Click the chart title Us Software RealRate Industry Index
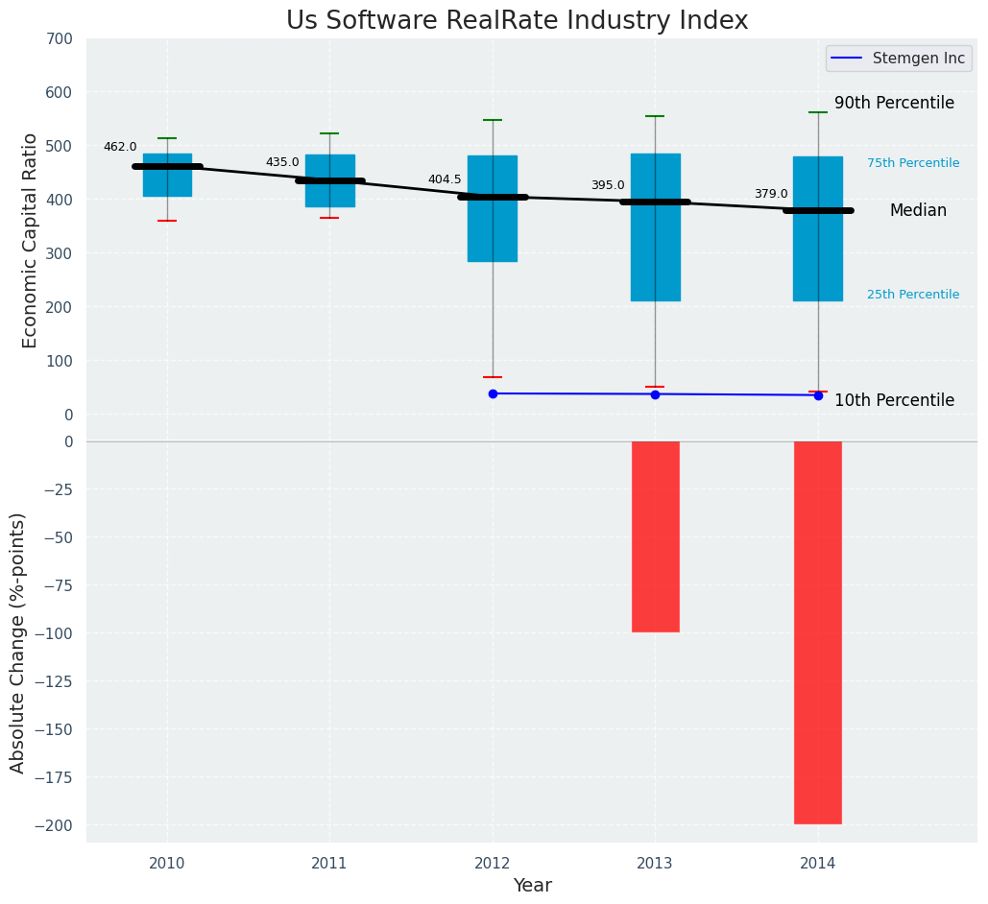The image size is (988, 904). tap(517, 21)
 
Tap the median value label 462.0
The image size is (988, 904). tap(120, 147)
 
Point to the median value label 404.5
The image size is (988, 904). tap(445, 179)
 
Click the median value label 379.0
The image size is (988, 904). tap(770, 194)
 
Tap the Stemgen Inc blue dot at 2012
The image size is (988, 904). tap(493, 393)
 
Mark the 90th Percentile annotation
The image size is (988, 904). tap(894, 103)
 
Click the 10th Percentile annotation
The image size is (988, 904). tap(894, 400)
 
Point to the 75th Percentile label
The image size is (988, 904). tap(913, 163)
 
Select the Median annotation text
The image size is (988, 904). tap(918, 210)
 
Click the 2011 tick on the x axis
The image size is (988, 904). tap(329, 864)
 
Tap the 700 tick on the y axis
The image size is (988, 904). tap(59, 39)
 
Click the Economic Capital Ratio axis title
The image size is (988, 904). tap(31, 240)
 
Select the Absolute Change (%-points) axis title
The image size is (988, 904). tap(18, 642)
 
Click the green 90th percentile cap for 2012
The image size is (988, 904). tap(493, 120)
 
